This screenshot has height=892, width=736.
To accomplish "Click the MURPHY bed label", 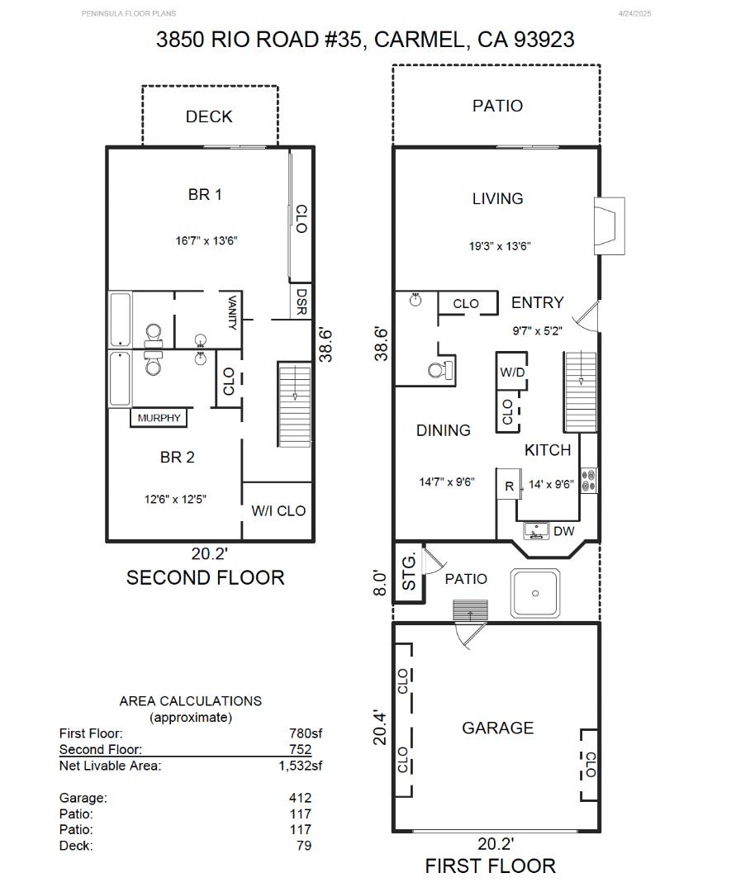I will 159,418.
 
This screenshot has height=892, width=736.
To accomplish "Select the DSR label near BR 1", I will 302,301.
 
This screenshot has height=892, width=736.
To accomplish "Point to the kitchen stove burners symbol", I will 589,480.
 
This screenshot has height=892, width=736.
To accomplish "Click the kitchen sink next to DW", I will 537,530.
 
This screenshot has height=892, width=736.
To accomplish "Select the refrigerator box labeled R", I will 509,486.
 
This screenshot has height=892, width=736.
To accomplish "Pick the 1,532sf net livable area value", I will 300,766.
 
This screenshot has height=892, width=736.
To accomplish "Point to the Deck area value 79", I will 303,845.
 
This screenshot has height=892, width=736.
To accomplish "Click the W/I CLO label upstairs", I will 278,510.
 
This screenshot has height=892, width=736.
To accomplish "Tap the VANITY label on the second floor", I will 232,313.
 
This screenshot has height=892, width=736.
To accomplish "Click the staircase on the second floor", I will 293,404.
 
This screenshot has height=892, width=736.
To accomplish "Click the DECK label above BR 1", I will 209,116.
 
